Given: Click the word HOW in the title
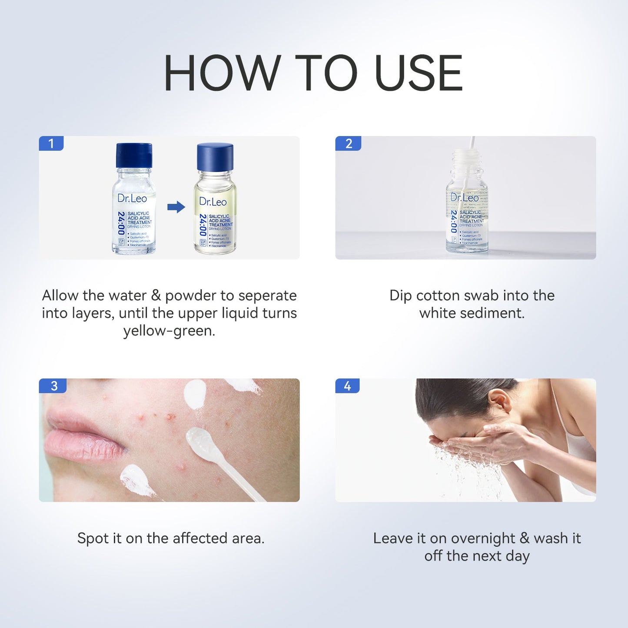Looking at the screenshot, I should coord(222,73).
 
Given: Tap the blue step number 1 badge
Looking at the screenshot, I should coord(51,143).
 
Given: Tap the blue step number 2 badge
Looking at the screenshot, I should coord(348,143).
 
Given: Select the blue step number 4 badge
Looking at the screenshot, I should coord(347,386).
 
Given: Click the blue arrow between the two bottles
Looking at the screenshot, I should coord(176,207).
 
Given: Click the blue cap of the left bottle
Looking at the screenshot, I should coord(134,155).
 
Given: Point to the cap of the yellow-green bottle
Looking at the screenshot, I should coord(215,157).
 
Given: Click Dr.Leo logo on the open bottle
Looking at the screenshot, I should coord(465,198).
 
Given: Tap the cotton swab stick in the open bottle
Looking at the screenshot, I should coord(471,148).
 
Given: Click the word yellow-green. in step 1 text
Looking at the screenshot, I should coord(169,331).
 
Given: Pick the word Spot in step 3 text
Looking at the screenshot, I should coord(93,538).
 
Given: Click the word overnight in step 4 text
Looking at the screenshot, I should coord(483,538).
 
